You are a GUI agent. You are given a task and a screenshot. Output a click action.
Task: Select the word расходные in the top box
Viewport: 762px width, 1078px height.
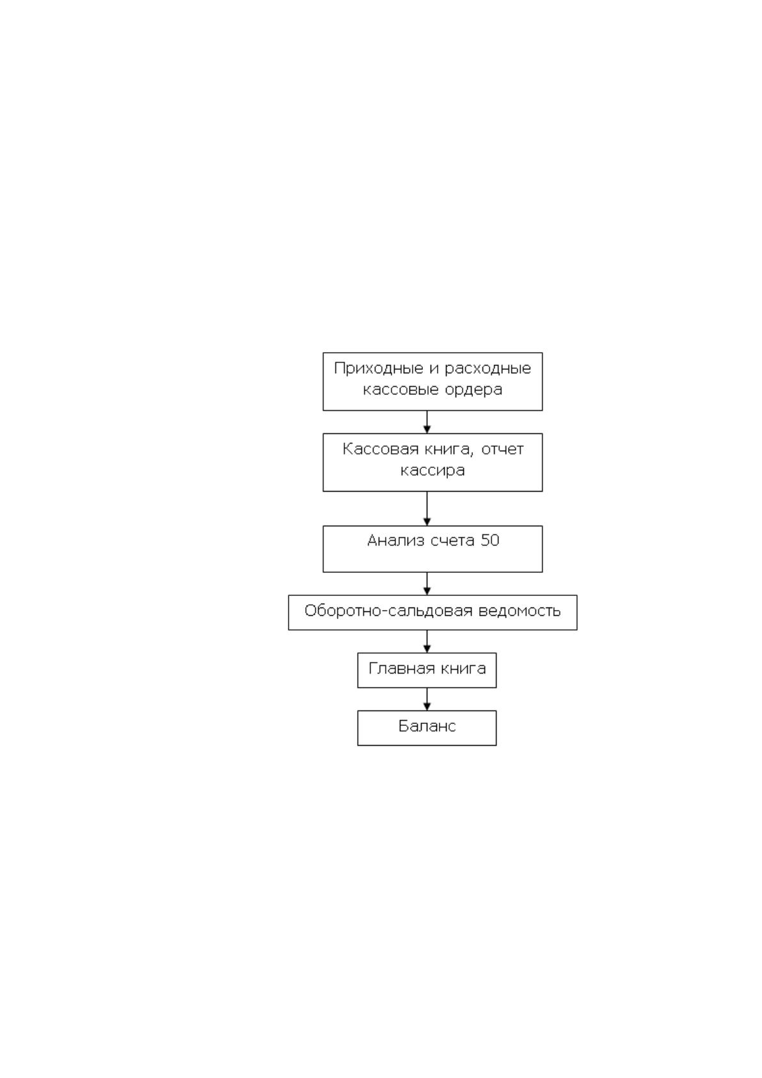(x=488, y=369)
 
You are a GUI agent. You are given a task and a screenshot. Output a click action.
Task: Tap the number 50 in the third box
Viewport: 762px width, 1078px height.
(x=489, y=540)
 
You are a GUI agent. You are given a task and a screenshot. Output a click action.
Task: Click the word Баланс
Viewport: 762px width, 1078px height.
(x=427, y=726)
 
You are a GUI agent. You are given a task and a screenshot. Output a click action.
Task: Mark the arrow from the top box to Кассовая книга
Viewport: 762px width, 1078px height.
(x=427, y=422)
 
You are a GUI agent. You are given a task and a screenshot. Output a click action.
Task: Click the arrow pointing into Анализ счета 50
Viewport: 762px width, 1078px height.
(x=427, y=509)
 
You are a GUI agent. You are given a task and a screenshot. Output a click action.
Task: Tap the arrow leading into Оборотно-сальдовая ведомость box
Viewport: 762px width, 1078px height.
(x=427, y=584)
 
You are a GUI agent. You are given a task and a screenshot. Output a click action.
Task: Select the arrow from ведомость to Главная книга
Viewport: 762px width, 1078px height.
(x=427, y=641)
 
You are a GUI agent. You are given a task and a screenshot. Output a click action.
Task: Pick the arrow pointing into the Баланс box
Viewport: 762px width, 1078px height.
(x=427, y=699)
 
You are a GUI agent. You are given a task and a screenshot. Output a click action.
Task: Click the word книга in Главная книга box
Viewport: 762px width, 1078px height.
(x=463, y=669)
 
